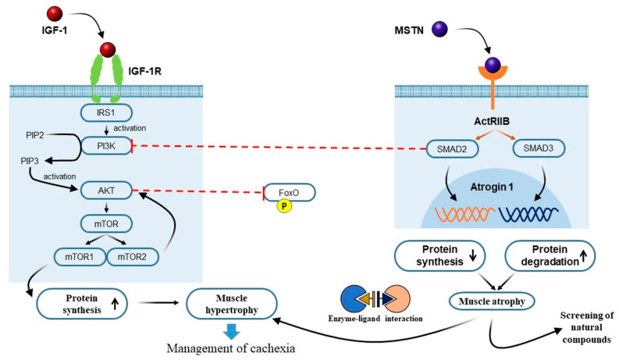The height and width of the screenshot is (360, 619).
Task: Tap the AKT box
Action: pyautogui.click(x=109, y=189)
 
